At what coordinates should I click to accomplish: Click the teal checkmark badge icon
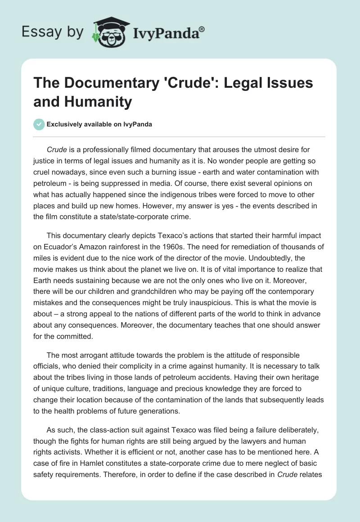(39, 124)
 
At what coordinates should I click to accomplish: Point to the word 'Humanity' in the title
(82, 101)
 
